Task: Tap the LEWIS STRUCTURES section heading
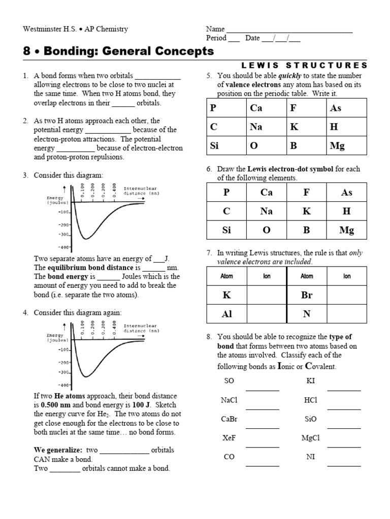[x=304, y=65]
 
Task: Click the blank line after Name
[x=289, y=30]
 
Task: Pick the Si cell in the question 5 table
[x=226, y=145]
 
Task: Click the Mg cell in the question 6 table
[x=347, y=230]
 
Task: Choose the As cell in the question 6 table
[x=347, y=192]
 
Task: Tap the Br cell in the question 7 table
[x=307, y=295]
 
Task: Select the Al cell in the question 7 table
[x=226, y=314]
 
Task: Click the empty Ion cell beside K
[x=267, y=295]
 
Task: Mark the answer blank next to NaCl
[x=263, y=407]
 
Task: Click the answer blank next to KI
[x=344, y=389]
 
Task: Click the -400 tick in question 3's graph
[x=64, y=247]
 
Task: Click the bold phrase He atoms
[x=76, y=396]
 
